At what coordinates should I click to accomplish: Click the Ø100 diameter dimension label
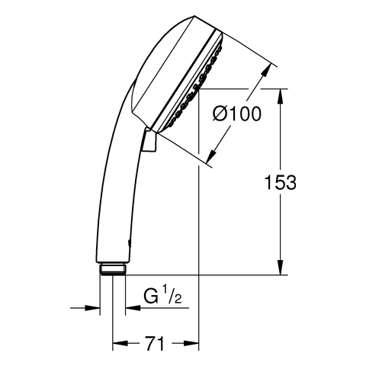click(x=237, y=114)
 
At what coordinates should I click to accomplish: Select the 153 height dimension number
click(x=281, y=182)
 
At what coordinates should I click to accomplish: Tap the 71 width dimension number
click(x=154, y=344)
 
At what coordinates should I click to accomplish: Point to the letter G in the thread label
click(x=151, y=296)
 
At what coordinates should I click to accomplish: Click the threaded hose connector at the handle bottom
click(x=113, y=269)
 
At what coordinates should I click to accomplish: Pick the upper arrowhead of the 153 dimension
click(x=281, y=96)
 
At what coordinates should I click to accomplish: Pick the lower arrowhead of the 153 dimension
click(x=281, y=268)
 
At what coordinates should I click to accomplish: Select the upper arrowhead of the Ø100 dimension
click(x=265, y=70)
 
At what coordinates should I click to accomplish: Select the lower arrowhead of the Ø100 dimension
click(x=211, y=156)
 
